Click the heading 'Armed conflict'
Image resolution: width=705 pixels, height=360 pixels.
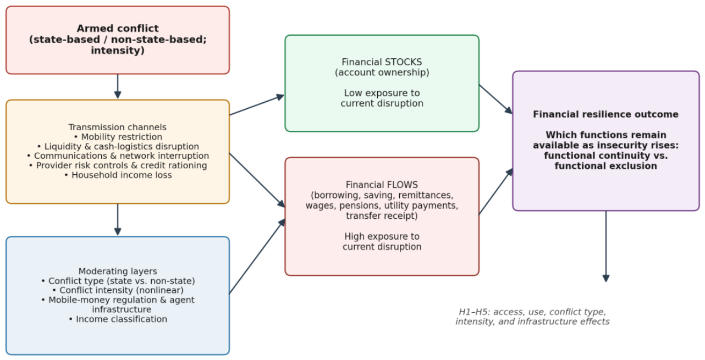tap(118, 29)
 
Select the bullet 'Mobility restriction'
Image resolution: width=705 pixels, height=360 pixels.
tap(118, 137)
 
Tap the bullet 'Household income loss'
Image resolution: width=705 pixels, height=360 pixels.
tap(118, 175)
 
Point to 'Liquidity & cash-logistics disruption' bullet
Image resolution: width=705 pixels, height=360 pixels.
tap(118, 147)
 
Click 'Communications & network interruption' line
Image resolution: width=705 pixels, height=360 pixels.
tap(118, 156)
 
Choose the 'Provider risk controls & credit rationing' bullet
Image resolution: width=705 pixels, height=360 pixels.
tap(118, 165)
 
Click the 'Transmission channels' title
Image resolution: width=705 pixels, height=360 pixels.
tap(117, 127)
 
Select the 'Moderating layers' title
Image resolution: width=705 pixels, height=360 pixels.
tap(118, 272)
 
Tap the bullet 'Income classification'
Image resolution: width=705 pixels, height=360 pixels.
tap(118, 319)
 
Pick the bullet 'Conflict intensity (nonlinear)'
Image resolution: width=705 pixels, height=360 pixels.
tap(118, 290)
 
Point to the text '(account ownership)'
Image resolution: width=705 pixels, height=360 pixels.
tap(382, 73)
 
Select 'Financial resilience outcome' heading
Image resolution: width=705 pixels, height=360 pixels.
tap(606, 114)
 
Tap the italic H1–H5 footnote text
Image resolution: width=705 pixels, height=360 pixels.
tap(532, 317)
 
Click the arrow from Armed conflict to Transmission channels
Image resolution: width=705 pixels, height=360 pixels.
tap(118, 86)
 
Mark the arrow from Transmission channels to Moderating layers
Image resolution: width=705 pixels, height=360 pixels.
tap(118, 220)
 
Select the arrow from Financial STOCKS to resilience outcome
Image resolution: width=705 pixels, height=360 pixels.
tap(496, 99)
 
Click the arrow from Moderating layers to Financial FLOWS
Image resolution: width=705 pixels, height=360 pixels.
tap(257, 256)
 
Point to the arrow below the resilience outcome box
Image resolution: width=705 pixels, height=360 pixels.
tap(606, 246)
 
